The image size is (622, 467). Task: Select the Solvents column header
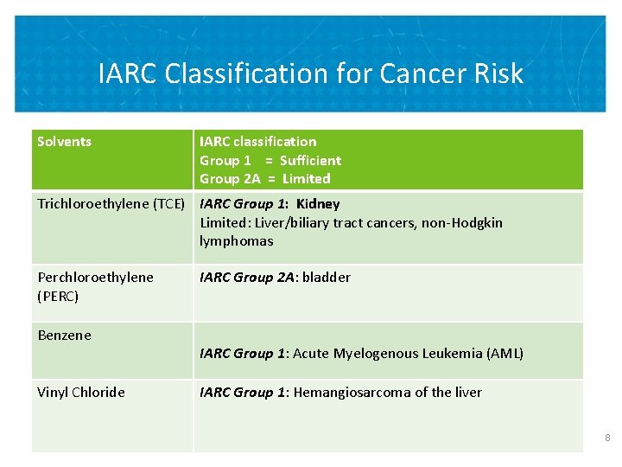tap(64, 141)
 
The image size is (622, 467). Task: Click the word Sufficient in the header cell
tap(310, 160)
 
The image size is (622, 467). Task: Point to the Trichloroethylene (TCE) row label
tap(111, 204)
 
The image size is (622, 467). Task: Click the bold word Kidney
tap(318, 204)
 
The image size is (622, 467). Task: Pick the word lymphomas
tap(236, 241)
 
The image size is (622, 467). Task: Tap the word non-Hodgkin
tap(465, 223)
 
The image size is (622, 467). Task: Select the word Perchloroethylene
tap(95, 278)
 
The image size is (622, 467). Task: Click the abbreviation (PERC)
tap(58, 296)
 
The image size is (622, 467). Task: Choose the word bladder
tap(327, 278)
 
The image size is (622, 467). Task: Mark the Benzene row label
tap(64, 336)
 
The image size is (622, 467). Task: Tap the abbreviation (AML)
tap(505, 354)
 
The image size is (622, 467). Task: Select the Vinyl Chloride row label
tap(81, 393)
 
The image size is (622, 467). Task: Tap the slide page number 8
tap(607, 438)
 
